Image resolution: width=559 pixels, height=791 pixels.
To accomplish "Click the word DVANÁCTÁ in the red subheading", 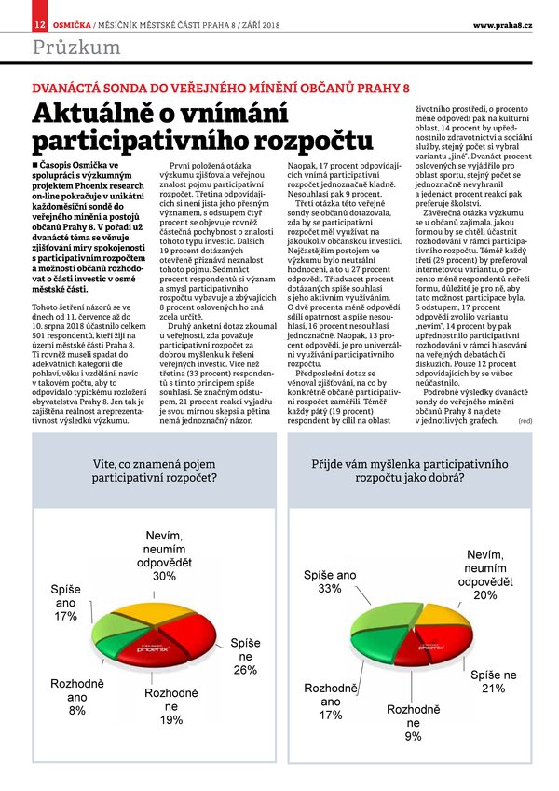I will coord(68,88).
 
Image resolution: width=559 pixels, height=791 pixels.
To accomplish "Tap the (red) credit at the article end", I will coord(525,422).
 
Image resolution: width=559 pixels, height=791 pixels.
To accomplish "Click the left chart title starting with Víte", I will coord(156,471).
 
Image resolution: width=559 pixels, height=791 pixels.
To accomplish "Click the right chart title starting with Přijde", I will coord(409,471).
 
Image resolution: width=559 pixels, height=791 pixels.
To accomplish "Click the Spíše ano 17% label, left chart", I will coord(64,604).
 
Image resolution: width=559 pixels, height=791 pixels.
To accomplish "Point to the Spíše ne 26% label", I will coord(245,656).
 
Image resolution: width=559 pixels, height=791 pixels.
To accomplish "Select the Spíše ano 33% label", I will coord(330,582).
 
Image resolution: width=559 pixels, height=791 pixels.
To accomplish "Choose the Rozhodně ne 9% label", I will coord(413,722).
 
